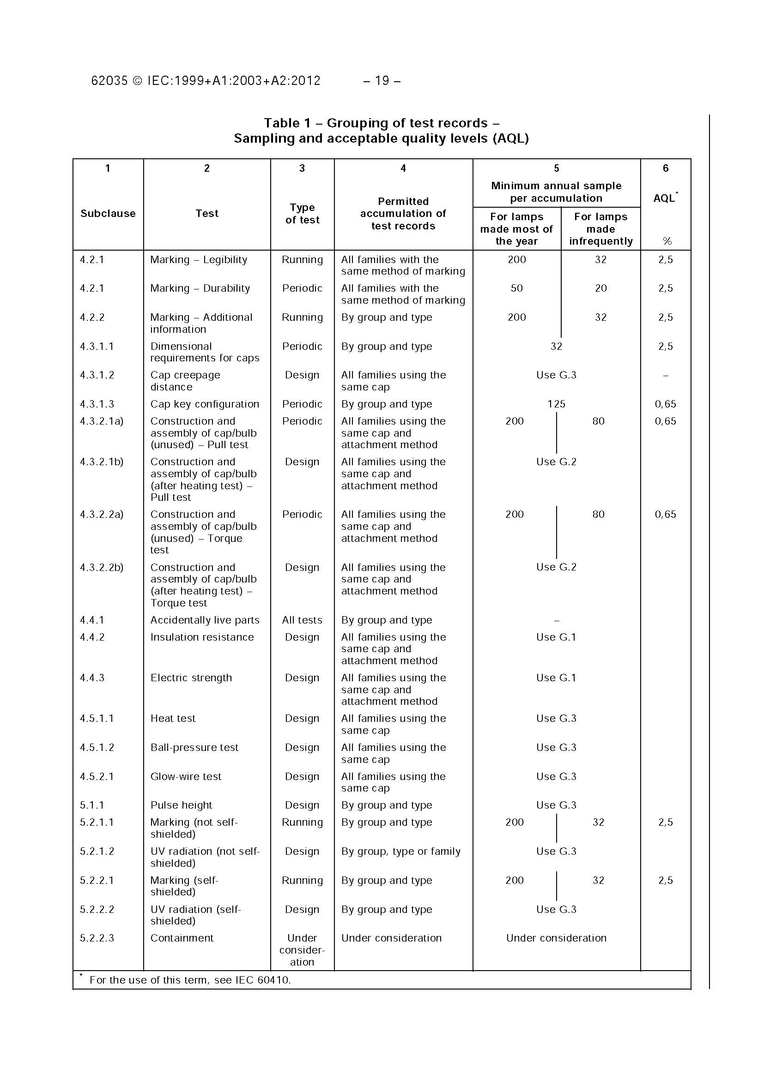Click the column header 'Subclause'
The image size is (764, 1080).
(x=108, y=214)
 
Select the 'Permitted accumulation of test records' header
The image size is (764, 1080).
(x=403, y=214)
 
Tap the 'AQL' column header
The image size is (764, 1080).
(x=665, y=198)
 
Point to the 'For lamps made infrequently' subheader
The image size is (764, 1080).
(x=600, y=229)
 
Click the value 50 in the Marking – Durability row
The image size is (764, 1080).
(x=516, y=288)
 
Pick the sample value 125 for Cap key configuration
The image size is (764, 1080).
(x=556, y=404)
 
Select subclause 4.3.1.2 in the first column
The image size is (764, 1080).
(x=97, y=375)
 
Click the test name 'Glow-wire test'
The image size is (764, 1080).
(x=186, y=777)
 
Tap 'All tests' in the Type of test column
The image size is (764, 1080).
(x=302, y=620)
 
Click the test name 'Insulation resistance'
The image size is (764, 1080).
(x=202, y=637)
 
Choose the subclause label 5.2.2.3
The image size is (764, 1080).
(x=97, y=938)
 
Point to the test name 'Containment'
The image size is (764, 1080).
(x=182, y=938)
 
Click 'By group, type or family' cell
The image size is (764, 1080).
(x=400, y=852)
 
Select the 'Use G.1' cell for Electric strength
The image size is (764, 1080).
(x=556, y=678)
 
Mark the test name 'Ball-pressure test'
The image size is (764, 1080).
(x=194, y=747)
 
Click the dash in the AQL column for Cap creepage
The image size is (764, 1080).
(x=665, y=375)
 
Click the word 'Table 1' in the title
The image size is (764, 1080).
(x=288, y=123)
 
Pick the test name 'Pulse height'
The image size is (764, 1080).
(x=181, y=805)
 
